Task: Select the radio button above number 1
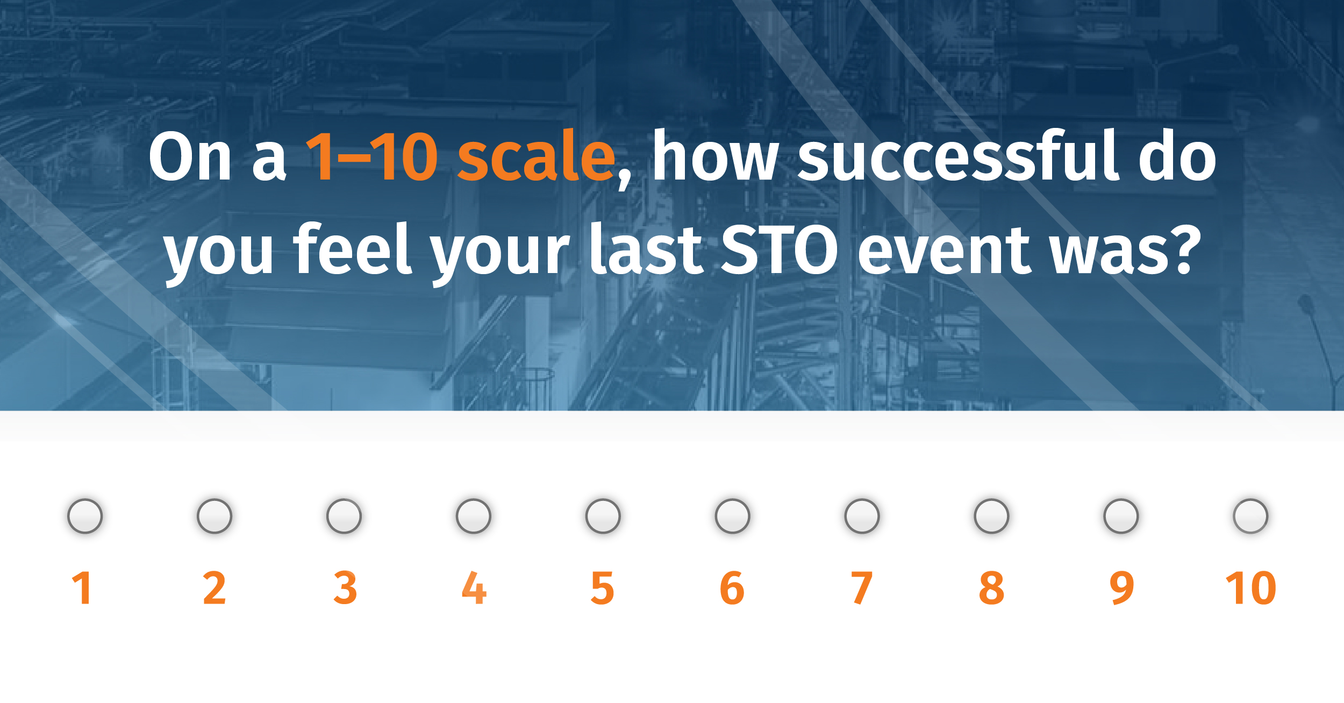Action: (x=85, y=516)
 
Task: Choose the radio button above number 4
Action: (x=473, y=516)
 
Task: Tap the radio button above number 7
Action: (x=862, y=516)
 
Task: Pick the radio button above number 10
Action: (x=1250, y=516)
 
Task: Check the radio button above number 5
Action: (x=603, y=516)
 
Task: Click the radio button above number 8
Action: (x=991, y=516)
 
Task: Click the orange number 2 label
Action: (x=215, y=589)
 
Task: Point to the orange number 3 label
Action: (x=345, y=589)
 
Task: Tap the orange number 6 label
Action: (x=732, y=589)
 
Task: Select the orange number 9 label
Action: (x=1122, y=589)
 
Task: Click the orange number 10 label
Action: (x=1250, y=589)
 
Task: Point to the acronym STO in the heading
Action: (x=778, y=250)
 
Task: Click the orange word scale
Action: (x=535, y=157)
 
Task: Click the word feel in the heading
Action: (x=352, y=250)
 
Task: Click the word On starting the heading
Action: (x=190, y=157)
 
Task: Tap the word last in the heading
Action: (x=646, y=250)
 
